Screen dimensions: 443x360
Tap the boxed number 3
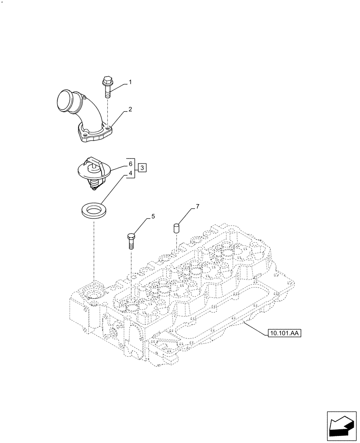click(x=141, y=167)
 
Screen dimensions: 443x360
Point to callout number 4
click(x=131, y=174)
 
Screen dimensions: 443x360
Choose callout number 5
click(x=153, y=217)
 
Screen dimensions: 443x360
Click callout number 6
click(x=131, y=163)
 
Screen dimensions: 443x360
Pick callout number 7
click(x=198, y=207)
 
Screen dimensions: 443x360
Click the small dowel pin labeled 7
click(x=176, y=229)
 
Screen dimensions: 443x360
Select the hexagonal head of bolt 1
click(x=107, y=81)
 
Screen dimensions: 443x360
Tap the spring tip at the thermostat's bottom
click(x=94, y=189)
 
